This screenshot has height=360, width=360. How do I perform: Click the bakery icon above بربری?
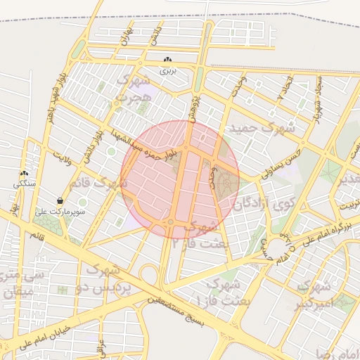coord(167,60)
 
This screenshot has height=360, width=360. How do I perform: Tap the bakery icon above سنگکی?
coord(25,174)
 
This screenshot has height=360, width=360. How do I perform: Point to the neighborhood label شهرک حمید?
coord(256,129)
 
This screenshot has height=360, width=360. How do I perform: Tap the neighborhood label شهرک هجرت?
coord(134,88)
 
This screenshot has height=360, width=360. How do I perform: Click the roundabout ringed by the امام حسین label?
coord(281,246)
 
